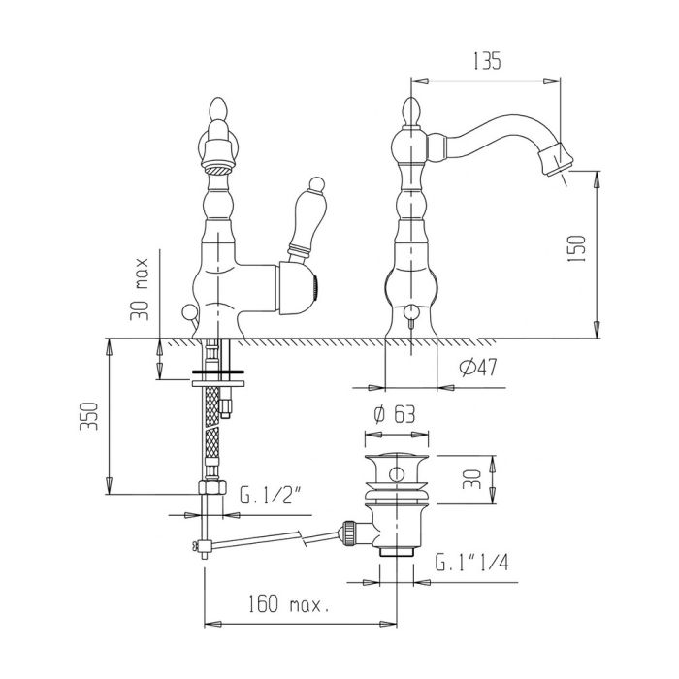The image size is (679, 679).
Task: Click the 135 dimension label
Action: pyautogui.click(x=486, y=61)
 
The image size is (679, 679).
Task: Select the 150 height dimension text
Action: pyautogui.click(x=577, y=248)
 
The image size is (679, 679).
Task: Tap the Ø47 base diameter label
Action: pyautogui.click(x=478, y=368)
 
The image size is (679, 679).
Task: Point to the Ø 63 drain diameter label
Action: pyautogui.click(x=394, y=415)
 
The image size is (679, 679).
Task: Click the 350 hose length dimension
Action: pyautogui.click(x=89, y=416)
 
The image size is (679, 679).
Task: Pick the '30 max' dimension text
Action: pyautogui.click(x=140, y=289)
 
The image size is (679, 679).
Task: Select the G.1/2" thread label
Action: pyautogui.click(x=271, y=496)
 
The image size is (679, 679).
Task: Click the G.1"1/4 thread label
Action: pyautogui.click(x=472, y=563)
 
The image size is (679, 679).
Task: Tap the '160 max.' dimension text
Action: pyautogui.click(x=288, y=603)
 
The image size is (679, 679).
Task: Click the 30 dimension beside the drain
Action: pyautogui.click(x=472, y=479)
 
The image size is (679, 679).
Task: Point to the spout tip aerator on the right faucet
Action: pyautogui.click(x=555, y=159)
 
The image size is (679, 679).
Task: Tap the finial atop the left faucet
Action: pyautogui.click(x=218, y=111)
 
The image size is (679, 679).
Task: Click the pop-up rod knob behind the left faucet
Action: pyautogui.click(x=189, y=311)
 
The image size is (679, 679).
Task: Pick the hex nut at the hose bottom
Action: pyautogui.click(x=212, y=487)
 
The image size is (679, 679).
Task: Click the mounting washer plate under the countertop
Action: pyautogui.click(x=218, y=384)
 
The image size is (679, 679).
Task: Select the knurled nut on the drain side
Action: pyautogui.click(x=349, y=533)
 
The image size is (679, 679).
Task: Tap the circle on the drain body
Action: pyautogui.click(x=397, y=474)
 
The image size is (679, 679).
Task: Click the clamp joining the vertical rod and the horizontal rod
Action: pyautogui.click(x=203, y=545)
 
